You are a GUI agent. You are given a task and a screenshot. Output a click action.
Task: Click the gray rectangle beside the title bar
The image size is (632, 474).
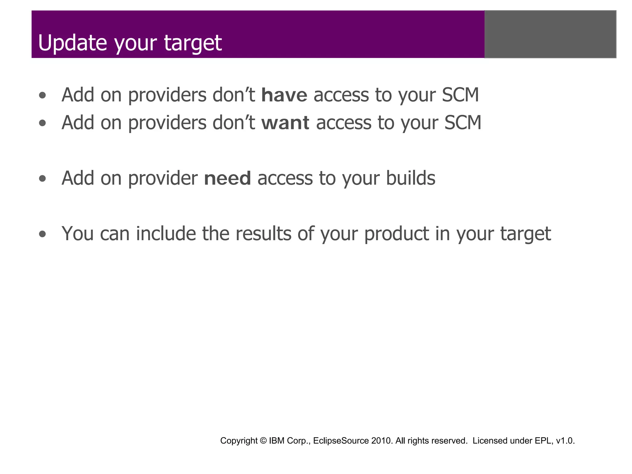(x=550, y=34)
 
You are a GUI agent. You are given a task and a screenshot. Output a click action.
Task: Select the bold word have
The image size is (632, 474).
(x=284, y=95)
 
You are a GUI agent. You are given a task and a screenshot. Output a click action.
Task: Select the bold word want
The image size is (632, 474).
(x=285, y=123)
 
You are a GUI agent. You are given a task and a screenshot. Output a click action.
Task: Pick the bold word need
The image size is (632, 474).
(x=227, y=178)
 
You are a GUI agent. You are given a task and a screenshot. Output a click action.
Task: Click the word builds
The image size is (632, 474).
(x=410, y=178)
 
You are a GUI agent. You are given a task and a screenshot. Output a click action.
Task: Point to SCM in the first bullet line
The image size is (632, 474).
(x=460, y=95)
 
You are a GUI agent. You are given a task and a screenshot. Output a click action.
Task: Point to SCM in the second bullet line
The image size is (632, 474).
(x=463, y=123)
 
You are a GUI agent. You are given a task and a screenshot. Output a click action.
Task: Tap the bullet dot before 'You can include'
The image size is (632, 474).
(x=43, y=234)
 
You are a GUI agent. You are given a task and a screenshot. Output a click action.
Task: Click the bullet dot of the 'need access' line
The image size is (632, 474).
(x=43, y=179)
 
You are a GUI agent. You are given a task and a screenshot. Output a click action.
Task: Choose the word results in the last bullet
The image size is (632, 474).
(x=263, y=234)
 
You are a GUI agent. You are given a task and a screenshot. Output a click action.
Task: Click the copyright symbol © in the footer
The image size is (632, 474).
(x=263, y=441)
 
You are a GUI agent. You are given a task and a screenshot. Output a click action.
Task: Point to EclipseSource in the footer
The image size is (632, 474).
(x=341, y=441)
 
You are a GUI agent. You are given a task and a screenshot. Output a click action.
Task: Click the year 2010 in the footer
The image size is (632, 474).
(x=382, y=441)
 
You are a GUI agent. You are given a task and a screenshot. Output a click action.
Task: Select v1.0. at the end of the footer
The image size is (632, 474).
(x=565, y=441)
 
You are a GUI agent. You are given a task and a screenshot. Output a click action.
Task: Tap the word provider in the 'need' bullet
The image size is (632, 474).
(x=163, y=178)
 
